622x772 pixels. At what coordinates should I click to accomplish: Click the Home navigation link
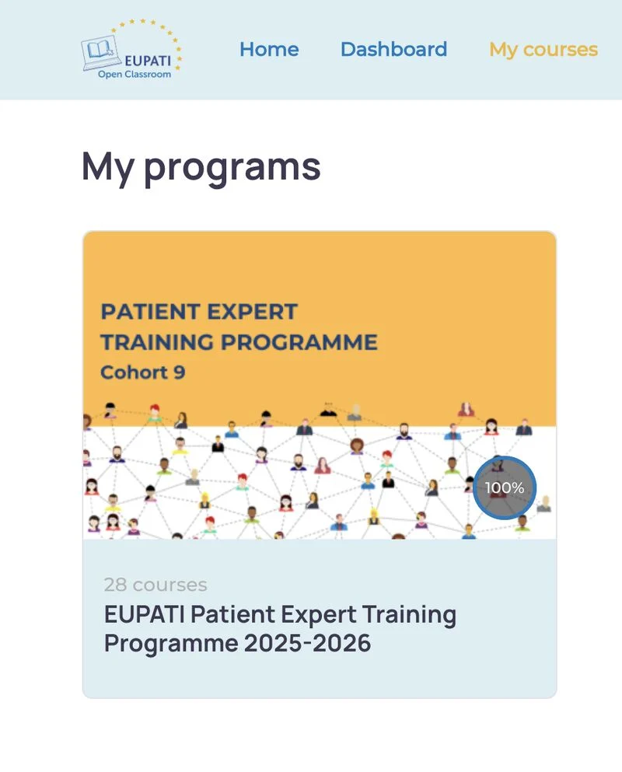(x=269, y=49)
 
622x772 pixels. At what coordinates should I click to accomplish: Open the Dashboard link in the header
(x=394, y=49)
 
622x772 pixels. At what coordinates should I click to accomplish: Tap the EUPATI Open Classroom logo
(x=131, y=49)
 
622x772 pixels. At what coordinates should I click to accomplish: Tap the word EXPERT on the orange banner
(x=252, y=312)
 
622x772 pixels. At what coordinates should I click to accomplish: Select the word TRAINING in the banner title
(x=157, y=342)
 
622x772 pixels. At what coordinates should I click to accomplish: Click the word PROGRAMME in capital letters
(x=299, y=342)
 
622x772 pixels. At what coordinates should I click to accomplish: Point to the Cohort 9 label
(x=143, y=372)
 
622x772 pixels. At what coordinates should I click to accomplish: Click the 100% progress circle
(x=505, y=487)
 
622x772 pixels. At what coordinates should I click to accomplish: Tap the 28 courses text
(x=155, y=585)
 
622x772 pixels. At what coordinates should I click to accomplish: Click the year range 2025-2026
(x=307, y=644)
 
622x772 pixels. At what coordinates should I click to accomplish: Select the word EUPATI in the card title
(x=145, y=614)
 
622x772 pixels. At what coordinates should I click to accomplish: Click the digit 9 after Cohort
(x=180, y=372)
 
